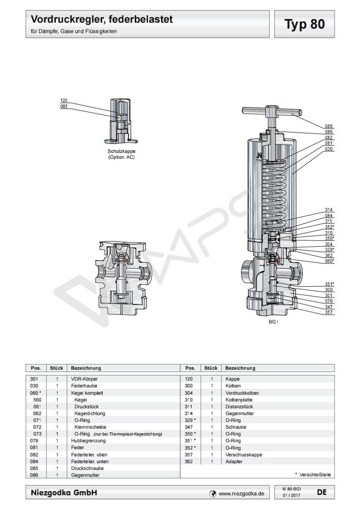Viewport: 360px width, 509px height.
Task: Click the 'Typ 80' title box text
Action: [305, 24]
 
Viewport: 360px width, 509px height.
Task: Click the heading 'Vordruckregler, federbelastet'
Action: [102, 19]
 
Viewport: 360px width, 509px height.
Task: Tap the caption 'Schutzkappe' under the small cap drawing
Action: [122, 151]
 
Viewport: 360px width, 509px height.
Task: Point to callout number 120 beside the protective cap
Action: [64, 100]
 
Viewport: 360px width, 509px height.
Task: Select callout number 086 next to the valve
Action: [329, 132]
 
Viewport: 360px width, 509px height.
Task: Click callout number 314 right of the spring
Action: [329, 210]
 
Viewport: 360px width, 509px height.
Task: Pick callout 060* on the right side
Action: [330, 261]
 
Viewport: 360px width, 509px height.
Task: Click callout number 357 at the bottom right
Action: [329, 312]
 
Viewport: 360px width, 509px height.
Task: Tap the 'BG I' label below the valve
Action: [273, 322]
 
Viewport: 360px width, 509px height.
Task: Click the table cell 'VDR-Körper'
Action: [84, 379]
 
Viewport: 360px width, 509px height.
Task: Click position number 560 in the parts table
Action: [37, 400]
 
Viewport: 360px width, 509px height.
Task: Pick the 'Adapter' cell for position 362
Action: [234, 462]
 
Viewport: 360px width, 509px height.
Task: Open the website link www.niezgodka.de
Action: [242, 494]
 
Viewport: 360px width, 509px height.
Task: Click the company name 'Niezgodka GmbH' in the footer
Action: [64, 493]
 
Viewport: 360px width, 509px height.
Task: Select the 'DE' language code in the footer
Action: [322, 492]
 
